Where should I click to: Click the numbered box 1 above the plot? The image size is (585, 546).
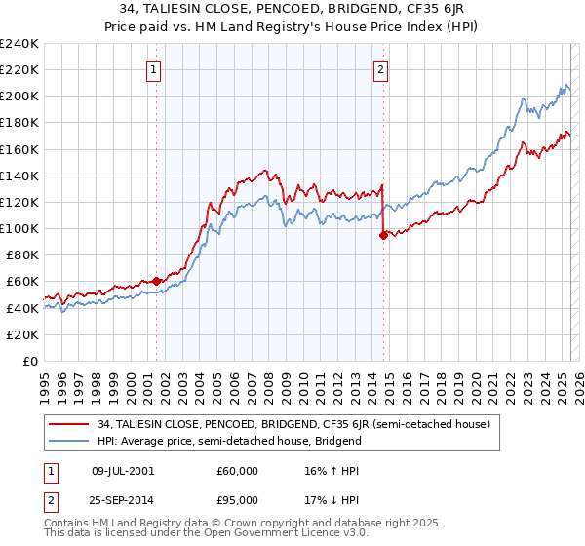(155, 69)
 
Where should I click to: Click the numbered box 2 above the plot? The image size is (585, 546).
(380, 69)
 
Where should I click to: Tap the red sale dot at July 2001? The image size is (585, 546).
(156, 281)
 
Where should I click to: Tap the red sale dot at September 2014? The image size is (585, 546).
(383, 235)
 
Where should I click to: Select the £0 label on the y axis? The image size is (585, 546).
(30, 361)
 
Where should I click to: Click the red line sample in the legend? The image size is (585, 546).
(70, 424)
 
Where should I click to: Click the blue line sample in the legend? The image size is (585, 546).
(70, 441)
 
